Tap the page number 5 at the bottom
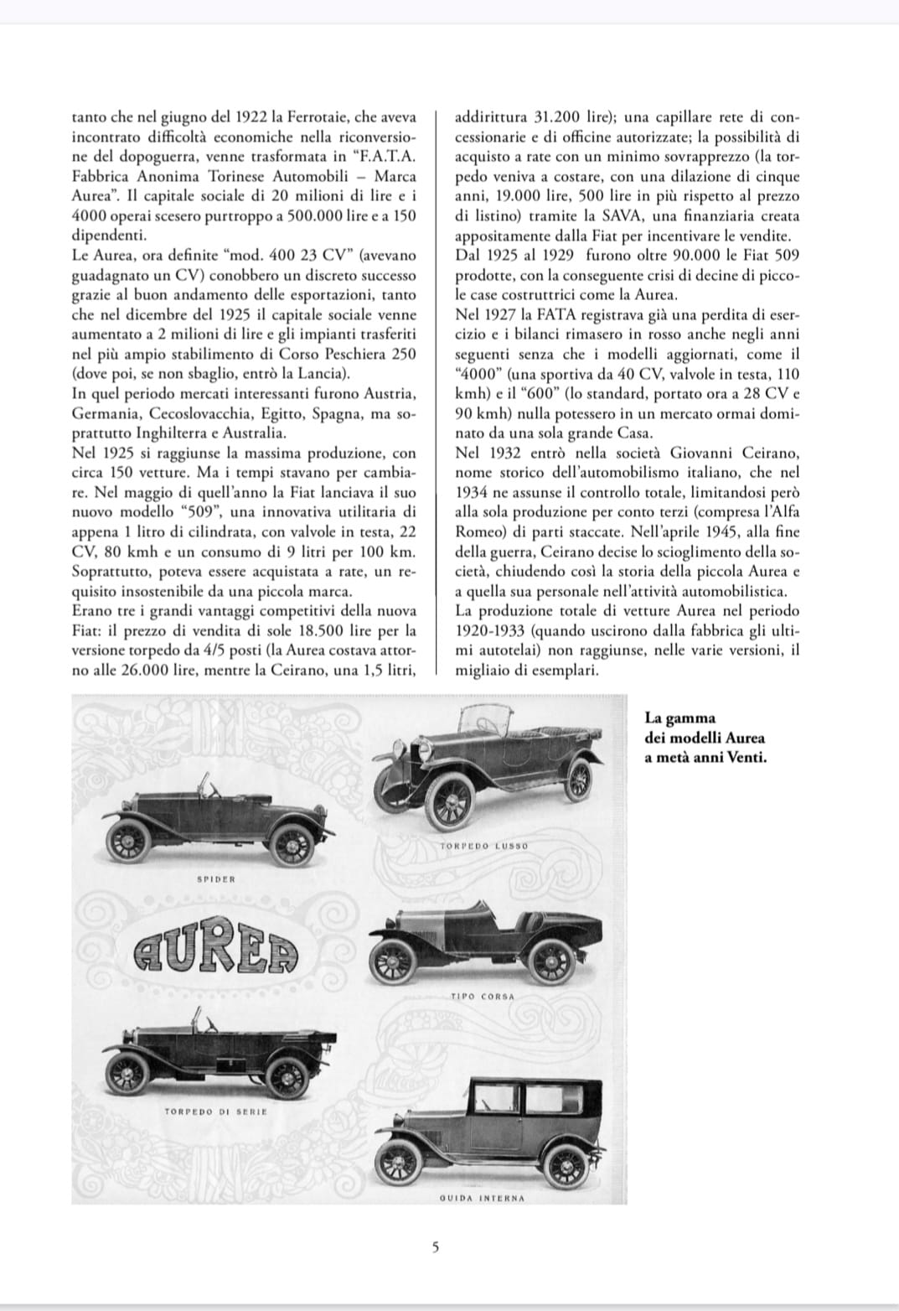click(x=434, y=1246)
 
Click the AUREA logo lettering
click(x=216, y=951)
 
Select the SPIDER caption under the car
click(x=216, y=879)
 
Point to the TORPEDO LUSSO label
click(x=484, y=846)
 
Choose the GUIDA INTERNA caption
click(x=482, y=1198)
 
